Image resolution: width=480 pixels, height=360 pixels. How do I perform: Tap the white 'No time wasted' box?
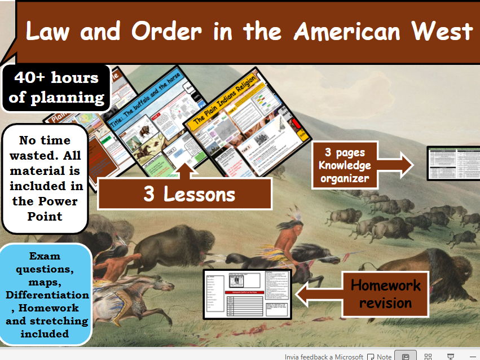(45, 178)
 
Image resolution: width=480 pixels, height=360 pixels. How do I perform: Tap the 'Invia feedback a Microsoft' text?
(324, 356)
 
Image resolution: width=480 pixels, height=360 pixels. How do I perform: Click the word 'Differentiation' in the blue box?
(47, 295)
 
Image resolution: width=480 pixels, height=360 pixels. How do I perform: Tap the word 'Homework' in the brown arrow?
(385, 285)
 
